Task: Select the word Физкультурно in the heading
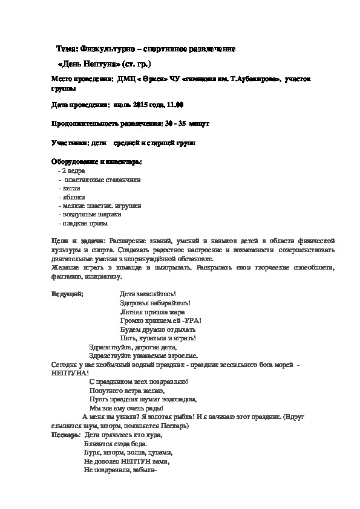108,48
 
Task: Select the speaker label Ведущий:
68,293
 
